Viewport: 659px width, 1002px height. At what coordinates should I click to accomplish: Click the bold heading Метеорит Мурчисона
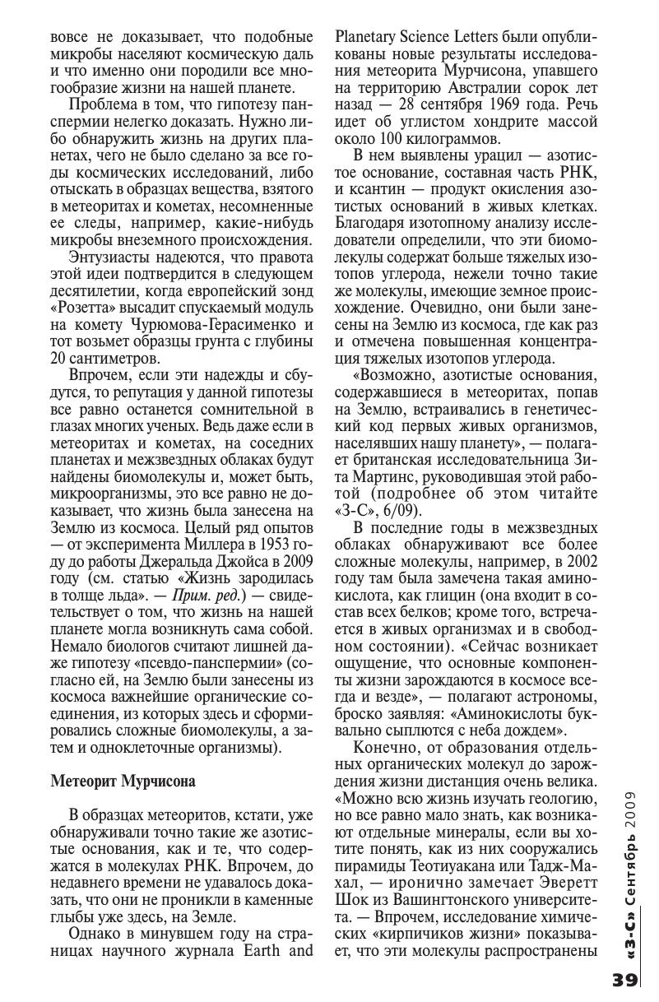click(123, 782)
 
